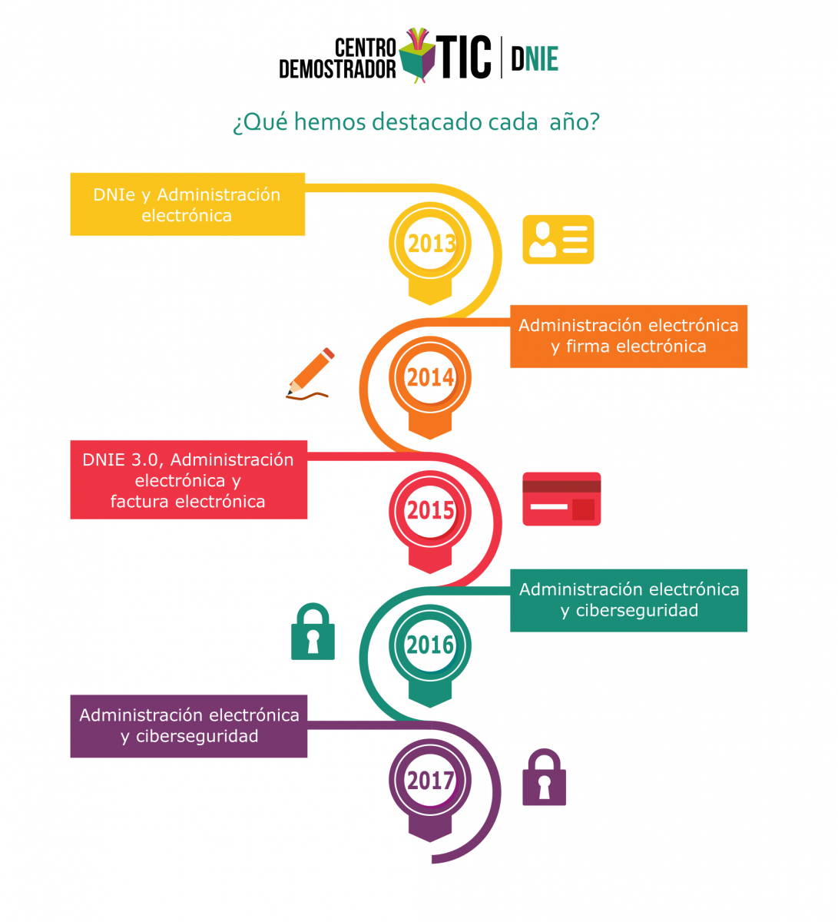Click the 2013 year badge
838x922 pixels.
click(429, 252)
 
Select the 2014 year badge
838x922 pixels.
click(429, 386)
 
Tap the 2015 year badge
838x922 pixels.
click(429, 521)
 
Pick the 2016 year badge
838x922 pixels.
click(429, 655)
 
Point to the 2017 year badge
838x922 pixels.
click(429, 790)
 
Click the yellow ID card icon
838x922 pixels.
click(558, 239)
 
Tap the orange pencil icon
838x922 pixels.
click(310, 373)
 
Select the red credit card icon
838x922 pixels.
click(561, 499)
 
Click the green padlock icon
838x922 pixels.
click(313, 631)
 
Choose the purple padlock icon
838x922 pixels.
click(544, 777)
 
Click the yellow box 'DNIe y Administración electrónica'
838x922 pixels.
click(187, 204)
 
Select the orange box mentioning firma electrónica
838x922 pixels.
click(628, 336)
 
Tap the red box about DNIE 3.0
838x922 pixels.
click(188, 479)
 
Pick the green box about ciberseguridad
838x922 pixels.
click(628, 600)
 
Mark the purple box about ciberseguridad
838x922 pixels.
click(188, 726)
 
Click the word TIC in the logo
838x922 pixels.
click(463, 57)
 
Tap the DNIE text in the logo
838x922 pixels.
click(535, 58)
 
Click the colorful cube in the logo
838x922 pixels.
click(416, 55)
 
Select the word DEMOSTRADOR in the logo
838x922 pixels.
click(337, 69)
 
